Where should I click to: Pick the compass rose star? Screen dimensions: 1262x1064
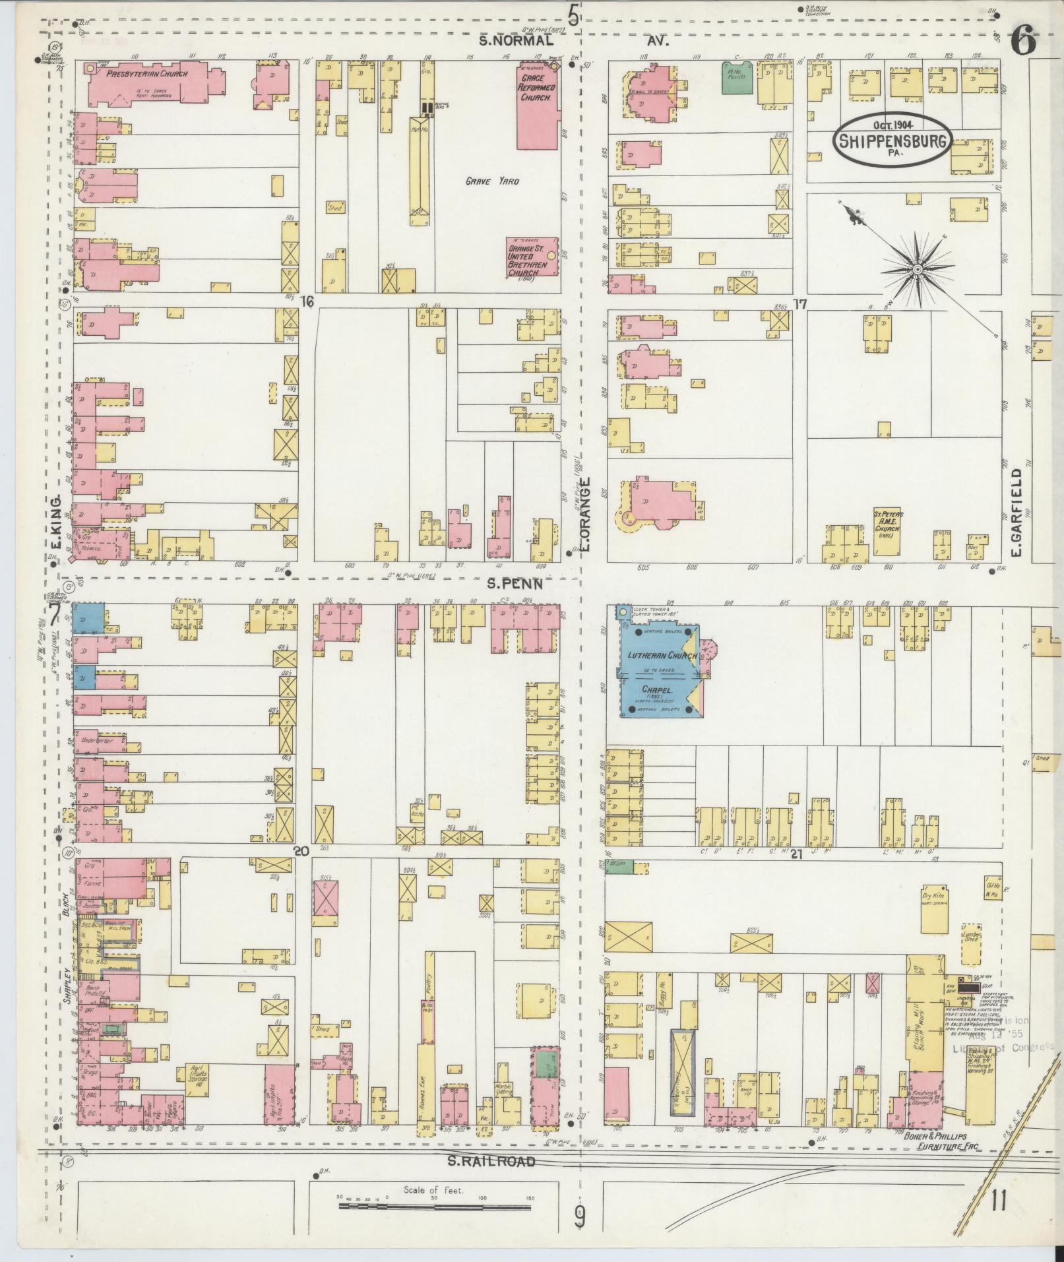917,270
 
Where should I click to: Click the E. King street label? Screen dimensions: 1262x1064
56,523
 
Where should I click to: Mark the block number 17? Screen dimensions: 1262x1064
800,304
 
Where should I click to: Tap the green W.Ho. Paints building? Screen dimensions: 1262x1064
735,77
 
